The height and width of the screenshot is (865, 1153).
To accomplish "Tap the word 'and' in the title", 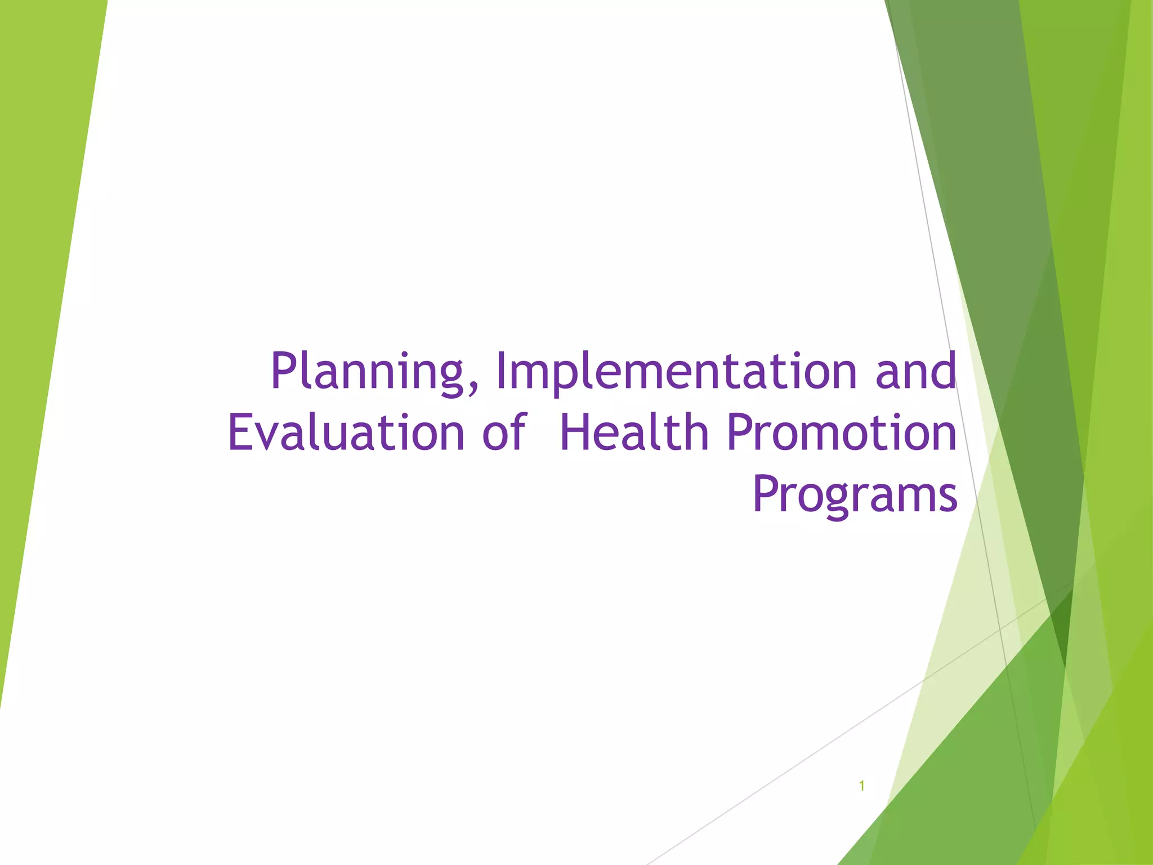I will point(916,372).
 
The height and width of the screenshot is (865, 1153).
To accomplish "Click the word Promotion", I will point(842,432).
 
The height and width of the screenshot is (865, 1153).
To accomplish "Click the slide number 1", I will point(861,786).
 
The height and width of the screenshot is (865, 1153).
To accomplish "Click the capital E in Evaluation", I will point(241,432).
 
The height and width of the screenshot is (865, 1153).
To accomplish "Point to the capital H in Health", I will point(578,432).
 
